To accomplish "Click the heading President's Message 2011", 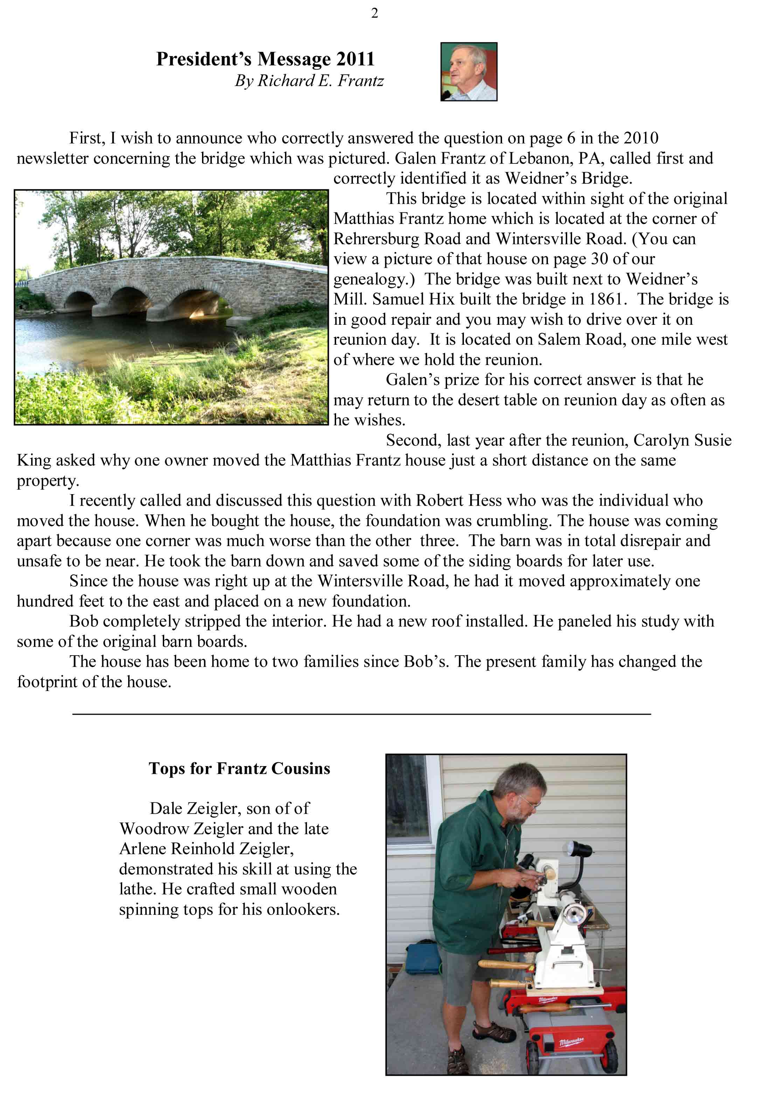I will pos(265,59).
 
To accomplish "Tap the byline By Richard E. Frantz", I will pos(309,80).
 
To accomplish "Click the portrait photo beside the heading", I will pos(468,71).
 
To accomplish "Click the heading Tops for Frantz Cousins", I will pos(239,768).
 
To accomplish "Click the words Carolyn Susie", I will pos(682,440).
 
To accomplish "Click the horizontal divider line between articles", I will pos(361,714).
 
